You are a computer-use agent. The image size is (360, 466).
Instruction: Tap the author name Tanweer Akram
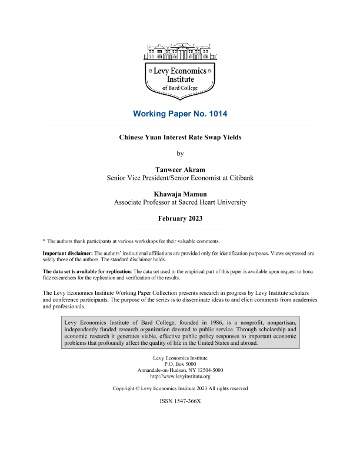pyautogui.click(x=180, y=169)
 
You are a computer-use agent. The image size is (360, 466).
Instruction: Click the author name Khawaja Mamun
pyautogui.click(x=180, y=194)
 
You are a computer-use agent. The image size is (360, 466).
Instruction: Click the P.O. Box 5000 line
pyautogui.click(x=180, y=364)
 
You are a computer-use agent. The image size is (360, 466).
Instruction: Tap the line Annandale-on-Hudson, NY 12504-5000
pyautogui.click(x=180, y=370)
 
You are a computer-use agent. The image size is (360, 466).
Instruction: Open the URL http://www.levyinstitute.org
pyautogui.click(x=180, y=376)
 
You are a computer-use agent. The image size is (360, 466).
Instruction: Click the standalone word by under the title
pyautogui.click(x=180, y=154)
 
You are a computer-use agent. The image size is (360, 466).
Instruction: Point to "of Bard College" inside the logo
pyautogui.click(x=180, y=88)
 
